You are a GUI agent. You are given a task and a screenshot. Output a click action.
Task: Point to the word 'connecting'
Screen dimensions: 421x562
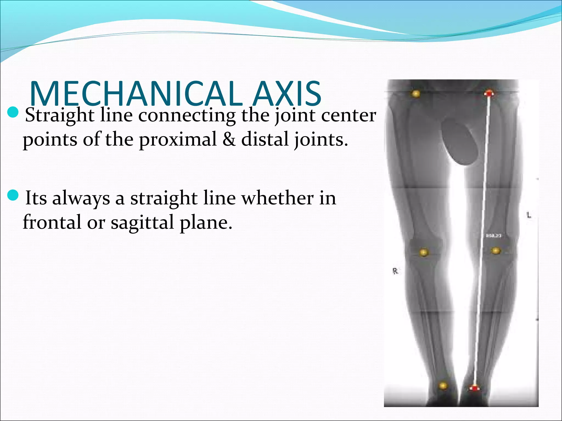coord(187,116)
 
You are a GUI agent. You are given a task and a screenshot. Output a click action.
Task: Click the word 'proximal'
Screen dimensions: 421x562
coord(178,140)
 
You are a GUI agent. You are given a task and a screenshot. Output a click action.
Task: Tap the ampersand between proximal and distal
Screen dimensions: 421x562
coord(229,139)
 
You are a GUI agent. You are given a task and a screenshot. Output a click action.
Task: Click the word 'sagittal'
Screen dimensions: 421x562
coord(142,223)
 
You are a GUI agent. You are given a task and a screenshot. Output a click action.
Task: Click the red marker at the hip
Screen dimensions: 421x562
coord(489,93)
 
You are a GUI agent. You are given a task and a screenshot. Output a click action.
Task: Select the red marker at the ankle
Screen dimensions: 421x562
coord(474,388)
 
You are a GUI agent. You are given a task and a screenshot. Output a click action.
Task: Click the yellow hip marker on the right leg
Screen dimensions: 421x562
coord(416,94)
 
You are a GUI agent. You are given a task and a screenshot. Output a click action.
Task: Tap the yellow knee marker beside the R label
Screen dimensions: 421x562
coord(424,252)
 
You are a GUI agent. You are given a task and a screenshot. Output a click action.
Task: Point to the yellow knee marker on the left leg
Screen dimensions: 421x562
coord(496,251)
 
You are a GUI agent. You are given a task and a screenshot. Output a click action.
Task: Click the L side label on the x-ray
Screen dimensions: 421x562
coord(529,215)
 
